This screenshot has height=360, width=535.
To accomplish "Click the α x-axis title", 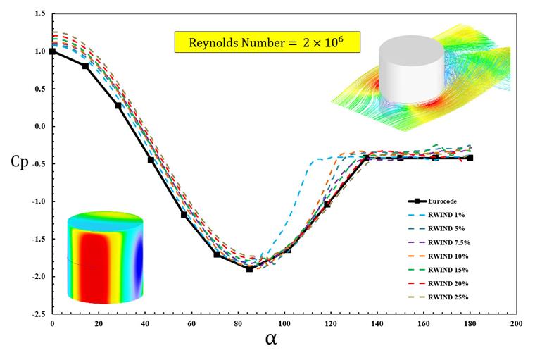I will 272,339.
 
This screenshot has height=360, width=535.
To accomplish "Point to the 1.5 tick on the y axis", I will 40,13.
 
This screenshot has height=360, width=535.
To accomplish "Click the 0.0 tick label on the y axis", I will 40,126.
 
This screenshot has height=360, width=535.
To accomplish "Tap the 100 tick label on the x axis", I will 284,323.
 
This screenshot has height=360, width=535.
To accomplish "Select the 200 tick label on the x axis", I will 515,323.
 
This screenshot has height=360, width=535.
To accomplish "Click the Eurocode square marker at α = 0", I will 52,51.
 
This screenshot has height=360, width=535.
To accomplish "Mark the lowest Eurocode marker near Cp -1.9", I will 249,269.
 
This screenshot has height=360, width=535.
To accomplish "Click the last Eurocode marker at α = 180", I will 470,158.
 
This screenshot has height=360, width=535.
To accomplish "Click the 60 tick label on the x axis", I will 191,323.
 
